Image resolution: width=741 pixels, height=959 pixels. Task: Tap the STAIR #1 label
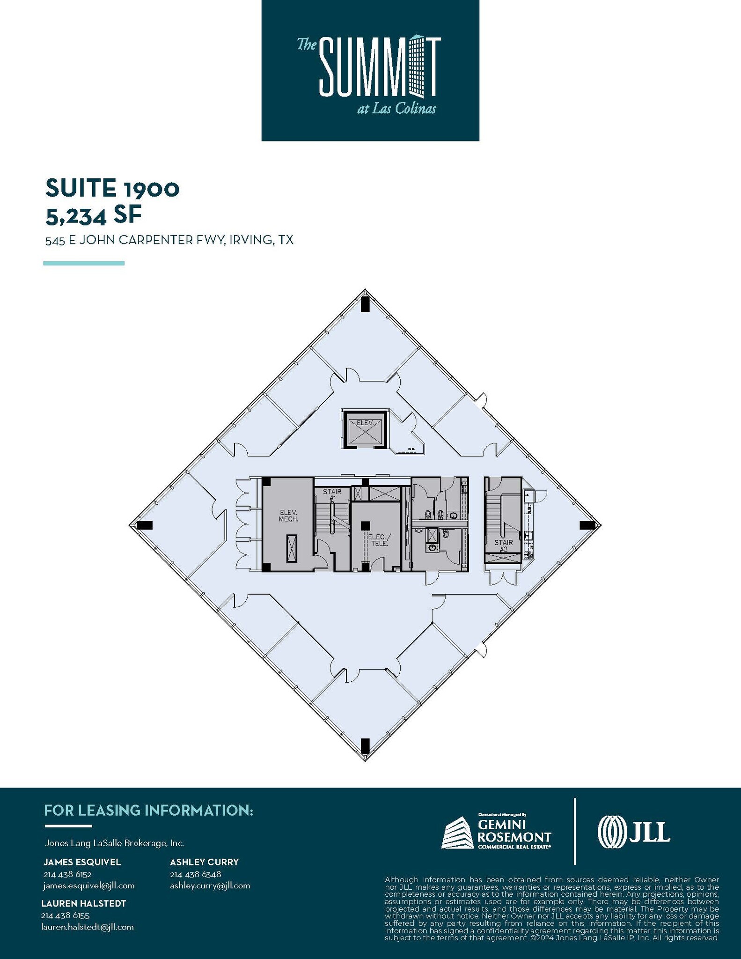click(x=332, y=495)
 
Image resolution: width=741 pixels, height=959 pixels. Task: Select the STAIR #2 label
click(x=504, y=546)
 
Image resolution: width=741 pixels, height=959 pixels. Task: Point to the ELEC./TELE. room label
click(x=378, y=540)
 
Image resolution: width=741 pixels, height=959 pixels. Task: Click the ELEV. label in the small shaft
click(x=366, y=422)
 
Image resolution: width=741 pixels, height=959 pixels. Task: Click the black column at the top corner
click(x=365, y=304)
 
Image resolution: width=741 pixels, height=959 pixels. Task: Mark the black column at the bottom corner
click(x=365, y=745)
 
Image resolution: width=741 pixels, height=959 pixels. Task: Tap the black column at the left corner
click(x=145, y=525)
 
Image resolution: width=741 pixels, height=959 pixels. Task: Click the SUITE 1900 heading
click(x=112, y=188)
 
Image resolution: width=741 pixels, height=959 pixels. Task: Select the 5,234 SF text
click(x=93, y=215)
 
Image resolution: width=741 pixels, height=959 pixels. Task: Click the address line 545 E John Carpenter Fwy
click(x=169, y=240)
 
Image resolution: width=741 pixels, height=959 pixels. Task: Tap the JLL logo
click(x=634, y=832)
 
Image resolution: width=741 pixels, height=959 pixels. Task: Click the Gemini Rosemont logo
click(x=497, y=832)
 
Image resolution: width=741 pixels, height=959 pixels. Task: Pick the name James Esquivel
click(x=82, y=862)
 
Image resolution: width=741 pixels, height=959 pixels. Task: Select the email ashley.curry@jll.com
click(x=210, y=885)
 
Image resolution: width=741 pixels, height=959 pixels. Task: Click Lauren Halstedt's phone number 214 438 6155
click(x=65, y=915)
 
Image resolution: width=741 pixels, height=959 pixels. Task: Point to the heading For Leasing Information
click(x=148, y=810)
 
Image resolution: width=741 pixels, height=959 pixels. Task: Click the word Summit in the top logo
click(x=379, y=67)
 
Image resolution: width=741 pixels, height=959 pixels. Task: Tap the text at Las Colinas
click(x=396, y=109)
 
